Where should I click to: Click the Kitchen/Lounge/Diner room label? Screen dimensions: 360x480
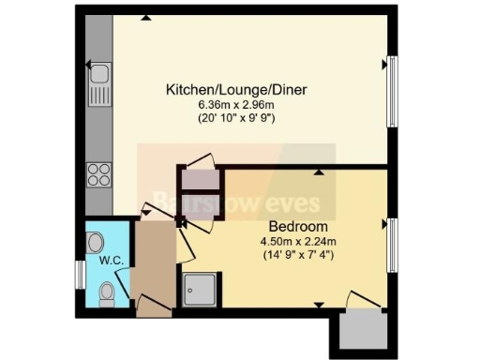(237, 90)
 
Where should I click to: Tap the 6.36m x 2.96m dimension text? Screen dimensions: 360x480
(237, 105)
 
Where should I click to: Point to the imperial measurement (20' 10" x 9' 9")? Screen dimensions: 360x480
(237, 119)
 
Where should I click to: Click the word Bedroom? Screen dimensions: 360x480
(298, 227)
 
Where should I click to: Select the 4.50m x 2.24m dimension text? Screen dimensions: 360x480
(298, 242)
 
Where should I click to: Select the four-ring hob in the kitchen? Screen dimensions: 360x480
(99, 173)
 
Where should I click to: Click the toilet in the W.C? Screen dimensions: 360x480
(106, 292)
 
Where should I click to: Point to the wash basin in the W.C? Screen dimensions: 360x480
(96, 241)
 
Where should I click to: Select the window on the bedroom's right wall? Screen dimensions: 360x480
(392, 244)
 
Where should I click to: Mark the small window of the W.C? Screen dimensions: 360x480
(81, 274)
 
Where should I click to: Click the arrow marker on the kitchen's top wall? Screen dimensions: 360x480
(145, 18)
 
